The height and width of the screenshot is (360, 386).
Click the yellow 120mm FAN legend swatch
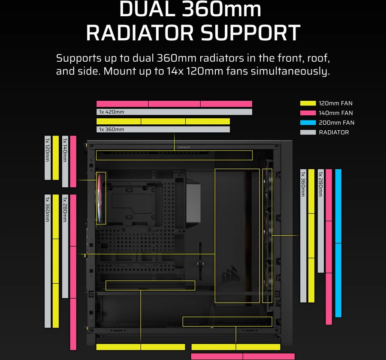coord(308,103)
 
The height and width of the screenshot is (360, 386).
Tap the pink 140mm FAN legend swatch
coord(308,113)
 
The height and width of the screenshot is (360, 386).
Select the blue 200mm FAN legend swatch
coord(308,123)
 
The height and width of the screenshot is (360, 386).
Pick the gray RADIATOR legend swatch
coord(308,132)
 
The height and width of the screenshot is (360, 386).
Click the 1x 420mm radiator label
coord(112,112)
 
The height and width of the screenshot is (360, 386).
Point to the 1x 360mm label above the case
coord(112,129)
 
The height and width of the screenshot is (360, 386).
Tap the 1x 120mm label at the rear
coord(47,150)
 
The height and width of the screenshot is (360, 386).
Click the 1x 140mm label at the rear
coord(65,150)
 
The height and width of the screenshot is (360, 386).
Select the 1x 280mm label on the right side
coord(320,184)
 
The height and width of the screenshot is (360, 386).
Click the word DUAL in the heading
coord(148,9)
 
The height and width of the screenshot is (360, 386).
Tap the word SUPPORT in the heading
coord(250,33)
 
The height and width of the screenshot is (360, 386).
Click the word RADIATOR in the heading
coord(140,33)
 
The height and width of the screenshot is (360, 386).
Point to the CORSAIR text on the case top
coord(184,147)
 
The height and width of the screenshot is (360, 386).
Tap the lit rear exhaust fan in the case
coord(101,198)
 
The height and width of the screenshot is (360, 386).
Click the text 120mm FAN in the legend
coord(335,103)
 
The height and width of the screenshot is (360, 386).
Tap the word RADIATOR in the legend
coord(334,132)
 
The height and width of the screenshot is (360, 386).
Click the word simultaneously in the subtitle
coord(290,72)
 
